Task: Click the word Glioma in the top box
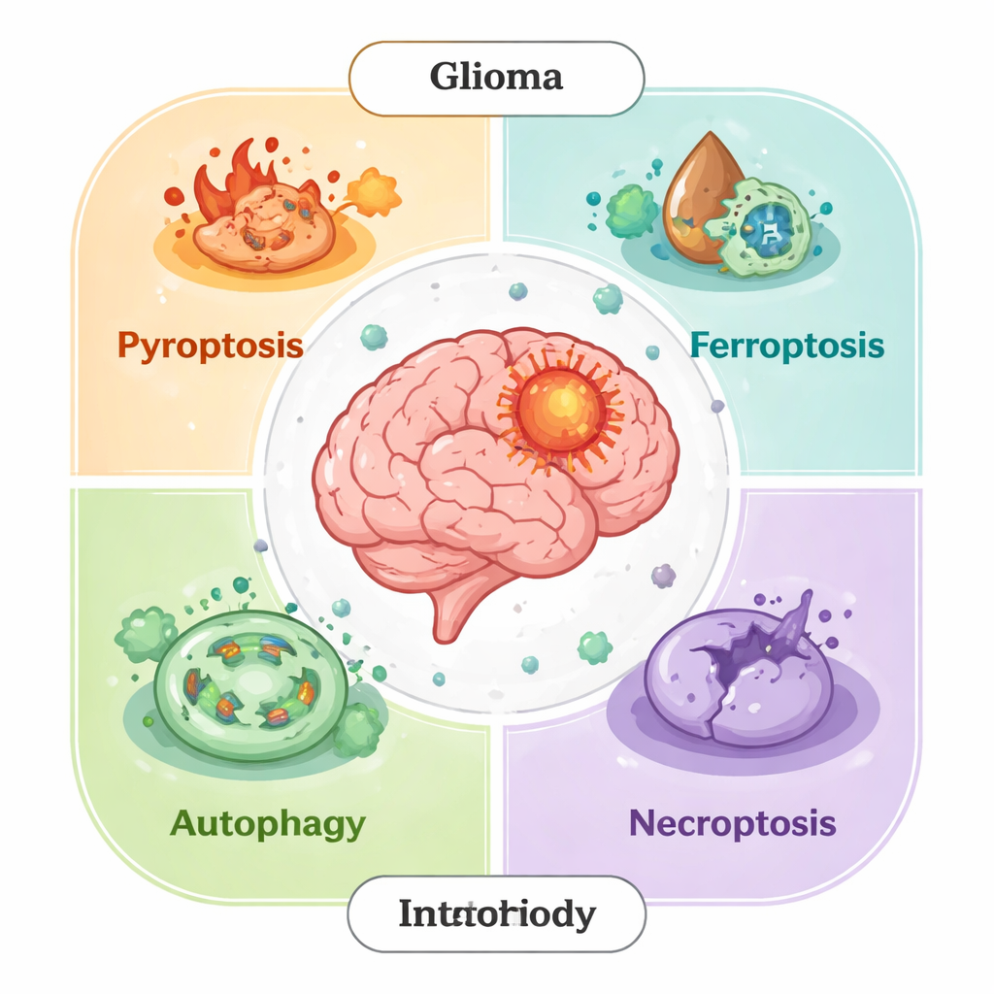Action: tap(496, 77)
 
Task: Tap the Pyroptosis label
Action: tap(211, 345)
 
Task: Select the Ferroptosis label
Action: tap(787, 345)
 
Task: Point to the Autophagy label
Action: tap(268, 823)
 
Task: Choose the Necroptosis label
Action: tap(732, 823)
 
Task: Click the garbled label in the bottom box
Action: tap(496, 913)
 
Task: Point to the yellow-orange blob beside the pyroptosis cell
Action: tap(374, 193)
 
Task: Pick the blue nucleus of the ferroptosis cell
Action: tap(766, 229)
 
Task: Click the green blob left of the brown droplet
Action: tap(630, 211)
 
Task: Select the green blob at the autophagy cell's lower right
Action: tap(357, 730)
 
